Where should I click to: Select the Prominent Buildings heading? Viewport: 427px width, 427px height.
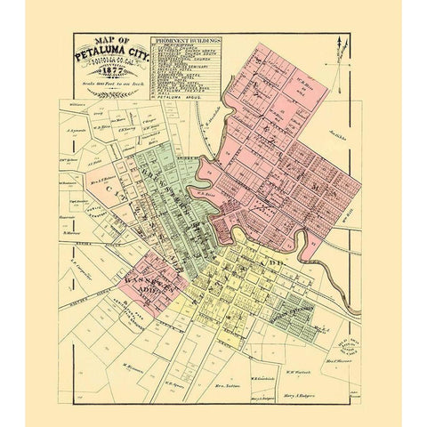click(186, 43)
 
